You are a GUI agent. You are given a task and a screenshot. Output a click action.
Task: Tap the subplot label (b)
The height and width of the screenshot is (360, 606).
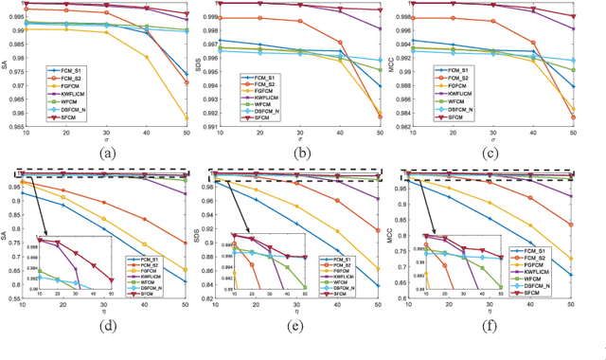coord(303,154)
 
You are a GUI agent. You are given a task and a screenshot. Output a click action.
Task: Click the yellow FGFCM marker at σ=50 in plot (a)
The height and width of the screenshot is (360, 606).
coord(186,118)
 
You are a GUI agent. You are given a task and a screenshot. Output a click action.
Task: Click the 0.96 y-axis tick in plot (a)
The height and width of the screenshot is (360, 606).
coord(13,113)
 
